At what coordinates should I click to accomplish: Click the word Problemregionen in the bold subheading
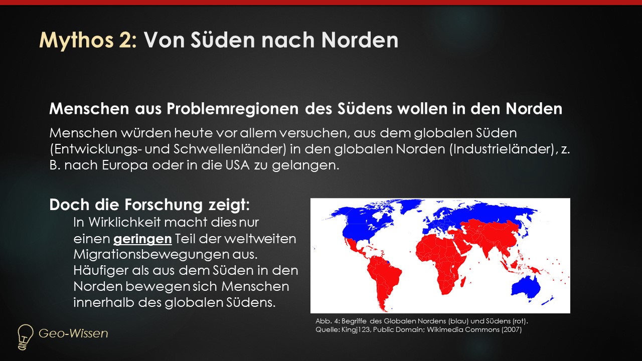pos(232,109)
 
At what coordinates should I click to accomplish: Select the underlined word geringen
pos(142,239)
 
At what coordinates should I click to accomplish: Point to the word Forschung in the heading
pos(164,205)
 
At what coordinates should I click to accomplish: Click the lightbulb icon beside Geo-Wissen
pos(25,337)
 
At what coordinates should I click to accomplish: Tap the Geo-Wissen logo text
pos(73,333)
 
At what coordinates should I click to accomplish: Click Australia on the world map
pos(526,288)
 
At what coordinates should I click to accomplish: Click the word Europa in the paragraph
pos(125,166)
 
